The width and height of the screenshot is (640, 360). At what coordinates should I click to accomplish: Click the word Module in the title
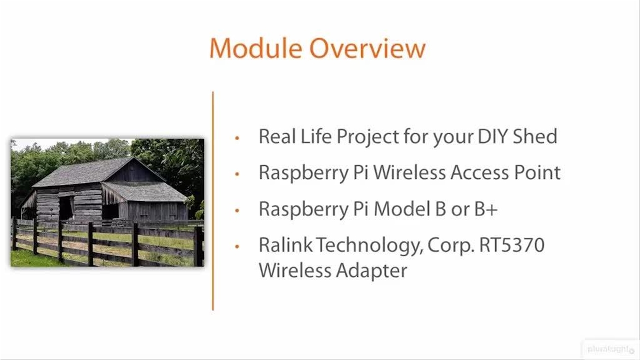(256, 48)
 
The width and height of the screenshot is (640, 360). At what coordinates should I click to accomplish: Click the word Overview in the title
(368, 48)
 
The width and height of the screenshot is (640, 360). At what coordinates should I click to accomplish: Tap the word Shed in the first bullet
(535, 136)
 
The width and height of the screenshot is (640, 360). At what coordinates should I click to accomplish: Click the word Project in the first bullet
(368, 137)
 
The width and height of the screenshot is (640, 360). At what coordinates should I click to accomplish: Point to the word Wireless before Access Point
(409, 173)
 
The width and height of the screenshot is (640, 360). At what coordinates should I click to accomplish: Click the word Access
(480, 173)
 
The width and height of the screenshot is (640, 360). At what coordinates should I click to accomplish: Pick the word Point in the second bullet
(537, 173)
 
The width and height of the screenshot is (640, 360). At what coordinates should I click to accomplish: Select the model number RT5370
(512, 245)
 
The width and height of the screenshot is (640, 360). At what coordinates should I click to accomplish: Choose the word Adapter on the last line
(371, 271)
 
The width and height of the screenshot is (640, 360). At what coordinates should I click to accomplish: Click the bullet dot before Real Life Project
(237, 138)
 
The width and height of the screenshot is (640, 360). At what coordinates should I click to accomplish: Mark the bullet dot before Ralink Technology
(237, 246)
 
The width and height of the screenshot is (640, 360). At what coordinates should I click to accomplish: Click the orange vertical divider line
(213, 201)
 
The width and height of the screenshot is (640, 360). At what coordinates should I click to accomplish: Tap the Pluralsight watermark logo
(610, 349)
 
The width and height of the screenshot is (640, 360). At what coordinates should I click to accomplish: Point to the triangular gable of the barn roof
(134, 171)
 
